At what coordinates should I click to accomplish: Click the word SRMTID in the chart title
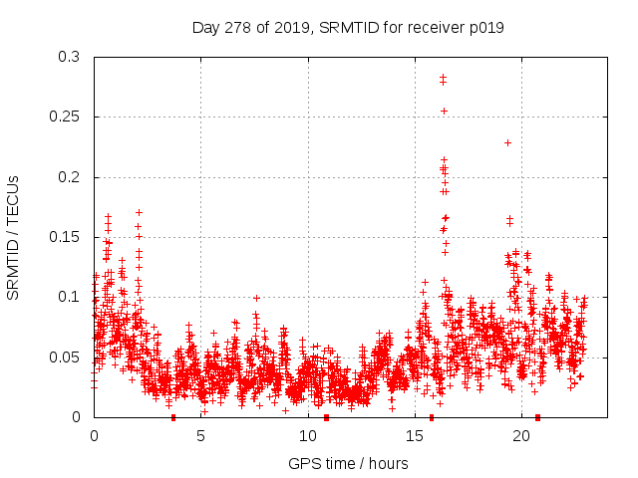pos(350,28)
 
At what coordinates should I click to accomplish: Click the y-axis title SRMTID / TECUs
pos(14,237)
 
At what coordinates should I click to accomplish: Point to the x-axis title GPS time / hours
pos(339,463)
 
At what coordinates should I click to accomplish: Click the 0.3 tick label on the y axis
pos(70,57)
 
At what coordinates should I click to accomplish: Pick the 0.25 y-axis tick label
pos(66,117)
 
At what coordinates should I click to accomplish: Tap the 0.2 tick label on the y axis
pos(70,177)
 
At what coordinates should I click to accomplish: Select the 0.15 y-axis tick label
pos(66,237)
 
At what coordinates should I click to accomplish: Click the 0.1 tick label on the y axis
pos(70,297)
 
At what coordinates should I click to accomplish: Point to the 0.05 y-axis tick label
pos(66,357)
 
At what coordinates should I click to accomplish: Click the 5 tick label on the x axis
pos(200,436)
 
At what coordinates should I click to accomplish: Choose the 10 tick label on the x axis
pos(308,436)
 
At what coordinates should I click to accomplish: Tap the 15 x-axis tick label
pos(415,436)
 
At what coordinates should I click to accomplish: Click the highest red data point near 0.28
pos(443,77)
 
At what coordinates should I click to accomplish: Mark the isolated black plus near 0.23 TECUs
pos(507,142)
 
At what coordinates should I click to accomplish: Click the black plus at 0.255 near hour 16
pos(444,111)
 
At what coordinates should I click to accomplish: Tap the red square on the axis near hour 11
pos(326,417)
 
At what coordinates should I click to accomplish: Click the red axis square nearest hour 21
pos(537,417)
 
